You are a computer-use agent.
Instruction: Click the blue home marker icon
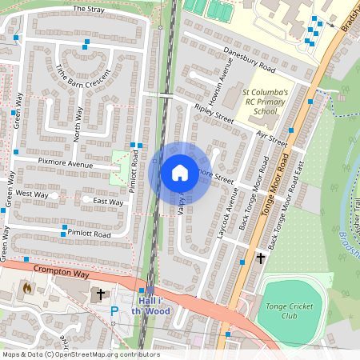coord(180,173)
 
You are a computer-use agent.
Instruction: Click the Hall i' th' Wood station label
coord(150,305)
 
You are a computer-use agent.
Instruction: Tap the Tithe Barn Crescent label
coord(82,77)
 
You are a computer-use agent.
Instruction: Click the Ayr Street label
coord(272,138)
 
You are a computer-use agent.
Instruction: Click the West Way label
coord(31,194)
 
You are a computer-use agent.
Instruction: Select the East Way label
coord(108,202)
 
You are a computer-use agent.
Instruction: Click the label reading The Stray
coord(88,9)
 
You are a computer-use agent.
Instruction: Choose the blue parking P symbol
coord(114,310)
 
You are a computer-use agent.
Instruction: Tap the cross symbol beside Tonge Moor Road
coord(260,258)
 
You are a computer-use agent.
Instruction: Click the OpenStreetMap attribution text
coord(81,354)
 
